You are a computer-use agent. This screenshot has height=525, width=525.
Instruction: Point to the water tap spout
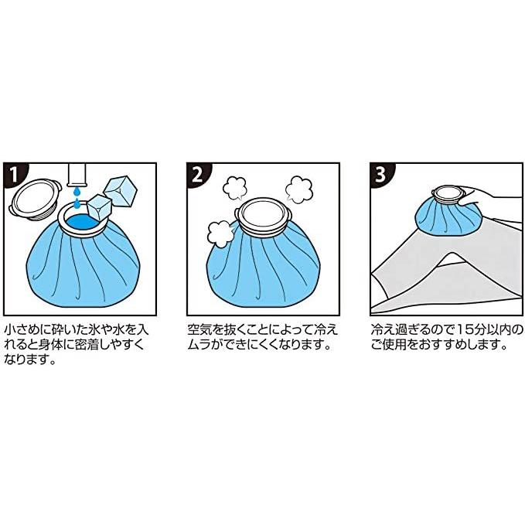pos(77,175)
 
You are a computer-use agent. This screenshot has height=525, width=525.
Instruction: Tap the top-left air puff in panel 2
pos(234,188)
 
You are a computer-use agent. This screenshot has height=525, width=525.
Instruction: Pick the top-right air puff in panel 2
pos(298,189)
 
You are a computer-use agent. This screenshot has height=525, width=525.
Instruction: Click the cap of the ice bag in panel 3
pos(448,196)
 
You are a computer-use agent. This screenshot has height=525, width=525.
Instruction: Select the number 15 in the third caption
pos(466,329)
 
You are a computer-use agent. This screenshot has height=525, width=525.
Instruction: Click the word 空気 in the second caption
pos(200,329)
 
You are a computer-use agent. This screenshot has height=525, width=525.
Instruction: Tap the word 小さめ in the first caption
pos(23,329)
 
